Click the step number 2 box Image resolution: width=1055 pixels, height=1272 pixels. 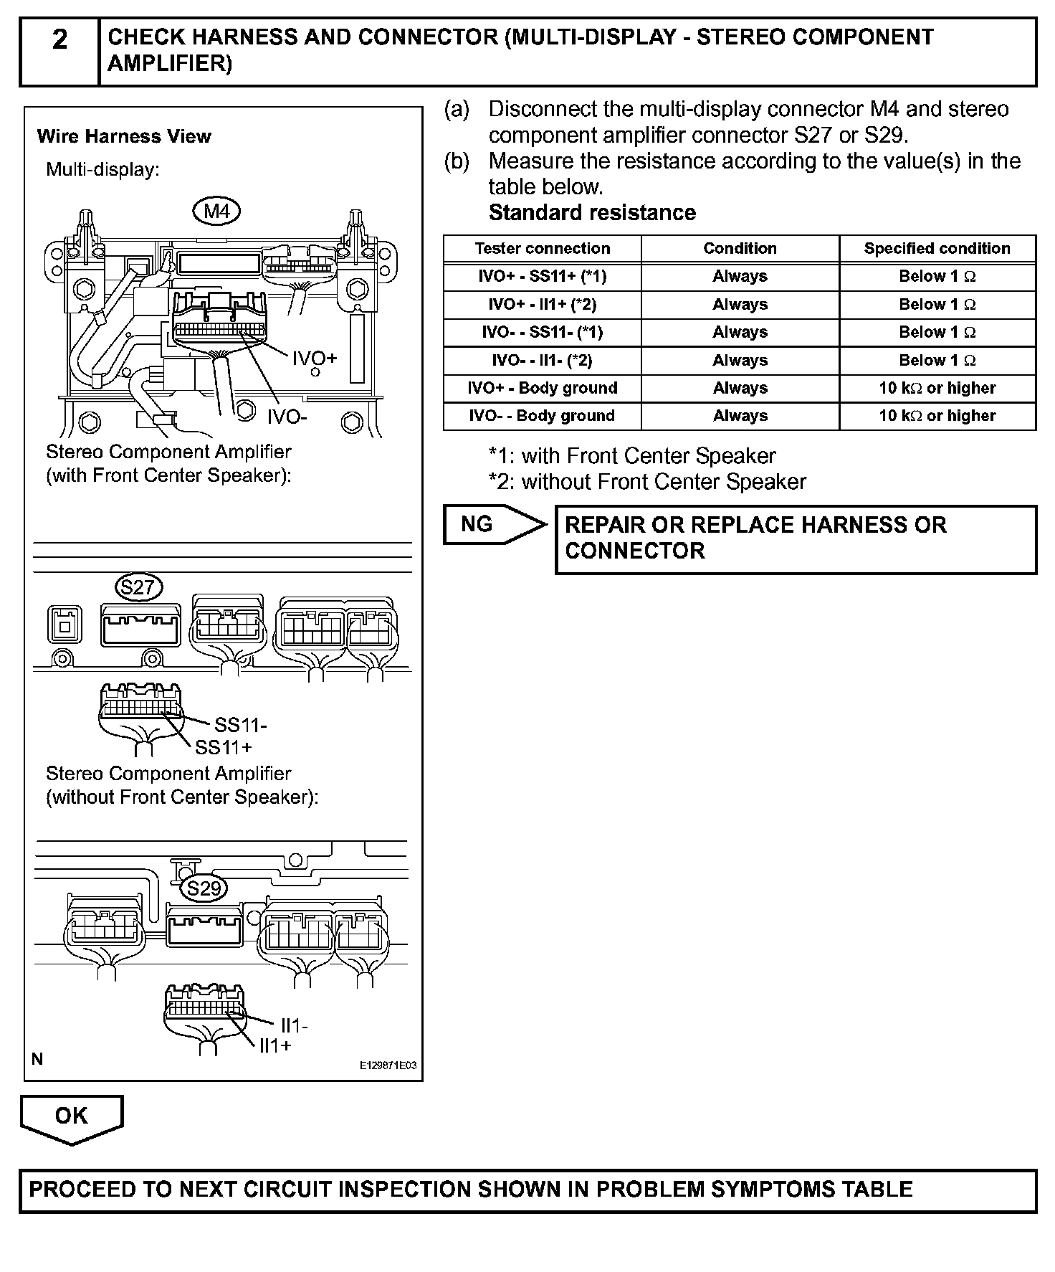(x=59, y=52)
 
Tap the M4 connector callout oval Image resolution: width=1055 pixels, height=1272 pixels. (x=216, y=211)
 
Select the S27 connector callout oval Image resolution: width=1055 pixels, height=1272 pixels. (x=138, y=588)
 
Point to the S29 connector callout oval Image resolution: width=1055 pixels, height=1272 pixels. (x=204, y=888)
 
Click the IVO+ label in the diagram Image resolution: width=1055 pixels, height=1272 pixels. (x=314, y=358)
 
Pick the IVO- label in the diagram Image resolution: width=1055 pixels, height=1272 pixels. (x=287, y=417)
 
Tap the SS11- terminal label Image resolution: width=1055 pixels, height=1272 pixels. (x=240, y=726)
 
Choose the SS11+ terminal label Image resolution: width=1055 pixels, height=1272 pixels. (x=224, y=748)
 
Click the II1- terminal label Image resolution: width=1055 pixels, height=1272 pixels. (x=294, y=1026)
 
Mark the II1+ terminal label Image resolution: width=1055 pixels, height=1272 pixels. (x=275, y=1046)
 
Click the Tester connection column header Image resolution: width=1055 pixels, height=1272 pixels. (x=542, y=249)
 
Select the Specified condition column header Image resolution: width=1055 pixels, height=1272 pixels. (x=937, y=249)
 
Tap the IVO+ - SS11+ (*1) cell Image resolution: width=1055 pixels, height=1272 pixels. (x=542, y=277)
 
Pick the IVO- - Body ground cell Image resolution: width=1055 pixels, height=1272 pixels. (x=542, y=416)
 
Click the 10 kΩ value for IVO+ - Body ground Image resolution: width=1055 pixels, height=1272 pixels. (x=937, y=388)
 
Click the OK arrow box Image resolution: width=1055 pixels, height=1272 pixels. (x=71, y=1116)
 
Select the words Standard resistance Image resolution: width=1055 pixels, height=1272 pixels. (x=592, y=213)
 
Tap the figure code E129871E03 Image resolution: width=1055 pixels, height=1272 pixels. (x=388, y=1066)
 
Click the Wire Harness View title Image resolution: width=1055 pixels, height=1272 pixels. (x=124, y=136)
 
